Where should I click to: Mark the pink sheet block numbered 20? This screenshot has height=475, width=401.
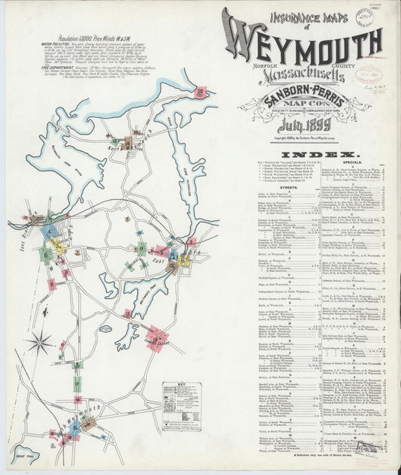pyautogui.click(x=200, y=92)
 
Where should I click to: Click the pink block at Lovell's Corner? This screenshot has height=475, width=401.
pyautogui.click(x=156, y=338)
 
